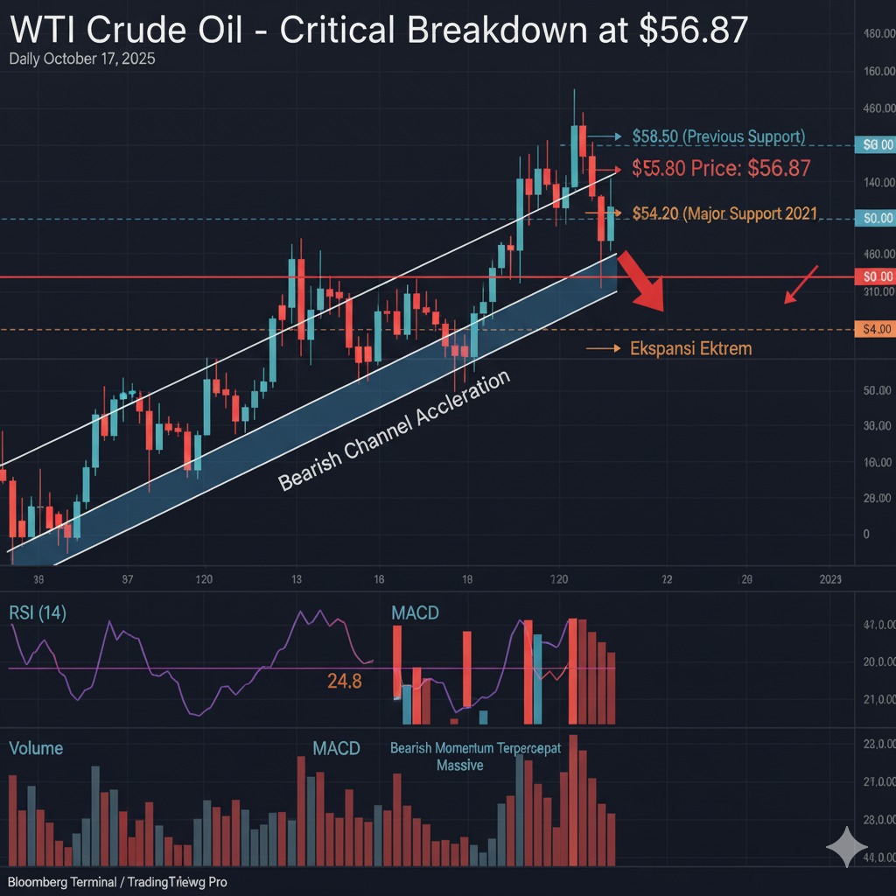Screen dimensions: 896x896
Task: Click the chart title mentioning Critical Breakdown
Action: (x=379, y=31)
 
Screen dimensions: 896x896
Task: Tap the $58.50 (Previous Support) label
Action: (x=717, y=136)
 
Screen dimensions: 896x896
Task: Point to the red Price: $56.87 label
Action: (x=721, y=169)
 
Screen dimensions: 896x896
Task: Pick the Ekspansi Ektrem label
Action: (x=689, y=348)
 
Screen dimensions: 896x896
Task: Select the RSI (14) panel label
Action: (x=37, y=612)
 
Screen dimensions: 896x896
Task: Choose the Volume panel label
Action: (x=36, y=749)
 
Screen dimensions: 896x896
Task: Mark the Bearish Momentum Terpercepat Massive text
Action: (x=474, y=756)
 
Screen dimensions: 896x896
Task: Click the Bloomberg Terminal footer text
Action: (x=117, y=882)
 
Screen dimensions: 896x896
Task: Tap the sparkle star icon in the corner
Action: (x=847, y=847)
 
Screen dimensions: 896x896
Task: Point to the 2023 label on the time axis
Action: (x=830, y=579)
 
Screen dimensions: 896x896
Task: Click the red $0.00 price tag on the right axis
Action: (x=876, y=276)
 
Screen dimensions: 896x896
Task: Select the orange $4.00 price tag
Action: (x=876, y=329)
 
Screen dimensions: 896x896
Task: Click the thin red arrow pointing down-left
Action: (x=801, y=285)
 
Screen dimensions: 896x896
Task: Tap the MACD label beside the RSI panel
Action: (x=415, y=612)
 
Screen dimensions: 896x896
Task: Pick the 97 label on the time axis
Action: (x=128, y=579)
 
